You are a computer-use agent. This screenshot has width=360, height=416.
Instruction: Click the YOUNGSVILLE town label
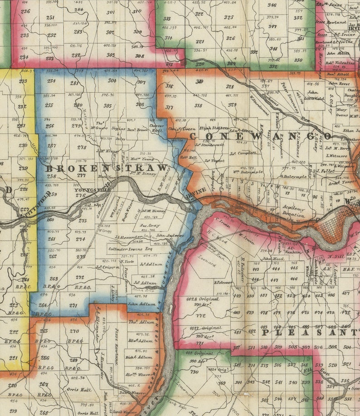click(x=92, y=191)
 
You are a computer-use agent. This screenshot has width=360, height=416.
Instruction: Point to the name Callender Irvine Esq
click(x=130, y=249)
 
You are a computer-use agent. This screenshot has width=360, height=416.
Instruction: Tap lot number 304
click(x=112, y=81)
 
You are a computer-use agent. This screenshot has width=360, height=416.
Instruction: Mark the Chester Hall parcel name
click(x=156, y=127)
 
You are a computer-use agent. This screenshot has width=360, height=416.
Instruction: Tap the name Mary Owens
click(x=342, y=113)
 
